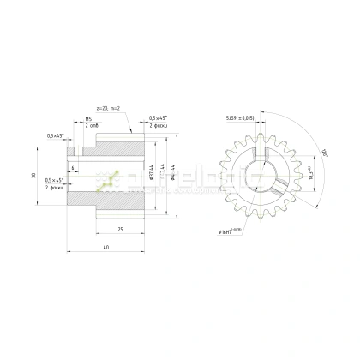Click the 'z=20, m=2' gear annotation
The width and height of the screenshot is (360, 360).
(108, 109)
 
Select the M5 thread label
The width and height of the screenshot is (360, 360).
(88, 118)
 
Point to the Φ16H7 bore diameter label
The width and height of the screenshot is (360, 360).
(234, 231)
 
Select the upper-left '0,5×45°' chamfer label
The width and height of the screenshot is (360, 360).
(57, 135)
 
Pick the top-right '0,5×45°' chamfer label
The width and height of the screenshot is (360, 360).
(158, 118)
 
